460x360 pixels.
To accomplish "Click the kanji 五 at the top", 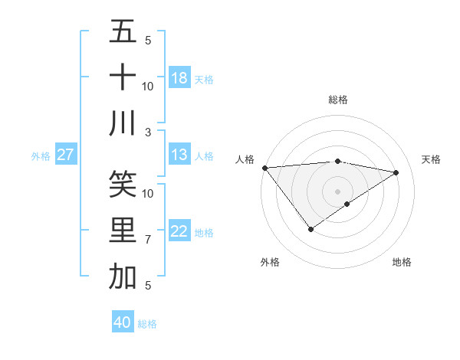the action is coord(123,31).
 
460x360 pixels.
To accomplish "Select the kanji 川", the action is coord(123,123).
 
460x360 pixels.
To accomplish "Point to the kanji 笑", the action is coord(123,184).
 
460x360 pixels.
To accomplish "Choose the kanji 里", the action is coord(123,231).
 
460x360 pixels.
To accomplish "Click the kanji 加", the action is coord(123,277).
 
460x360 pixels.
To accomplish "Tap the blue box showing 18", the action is coord(179,77).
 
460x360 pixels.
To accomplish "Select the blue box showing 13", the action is coord(179,155).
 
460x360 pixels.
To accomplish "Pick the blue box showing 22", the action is coord(179,231).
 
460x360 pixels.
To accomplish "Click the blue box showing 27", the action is coord(66,155).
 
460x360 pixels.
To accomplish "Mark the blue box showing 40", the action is coord(123,322).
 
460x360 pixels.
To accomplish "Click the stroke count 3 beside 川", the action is coord(147,133).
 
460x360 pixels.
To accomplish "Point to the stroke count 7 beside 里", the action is coord(147,240).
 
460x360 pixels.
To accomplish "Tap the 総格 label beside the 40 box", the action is coord(147,324).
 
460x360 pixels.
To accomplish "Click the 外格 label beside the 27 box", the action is coord(41,156).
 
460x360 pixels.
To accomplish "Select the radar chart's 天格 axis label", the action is coord(431,159).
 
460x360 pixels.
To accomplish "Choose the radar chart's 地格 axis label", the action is coord(402,262).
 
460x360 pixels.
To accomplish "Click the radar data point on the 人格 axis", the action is coord(264,167).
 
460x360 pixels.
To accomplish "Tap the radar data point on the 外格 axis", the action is coord(310,229).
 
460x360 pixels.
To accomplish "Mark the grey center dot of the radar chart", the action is coord(337,191).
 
